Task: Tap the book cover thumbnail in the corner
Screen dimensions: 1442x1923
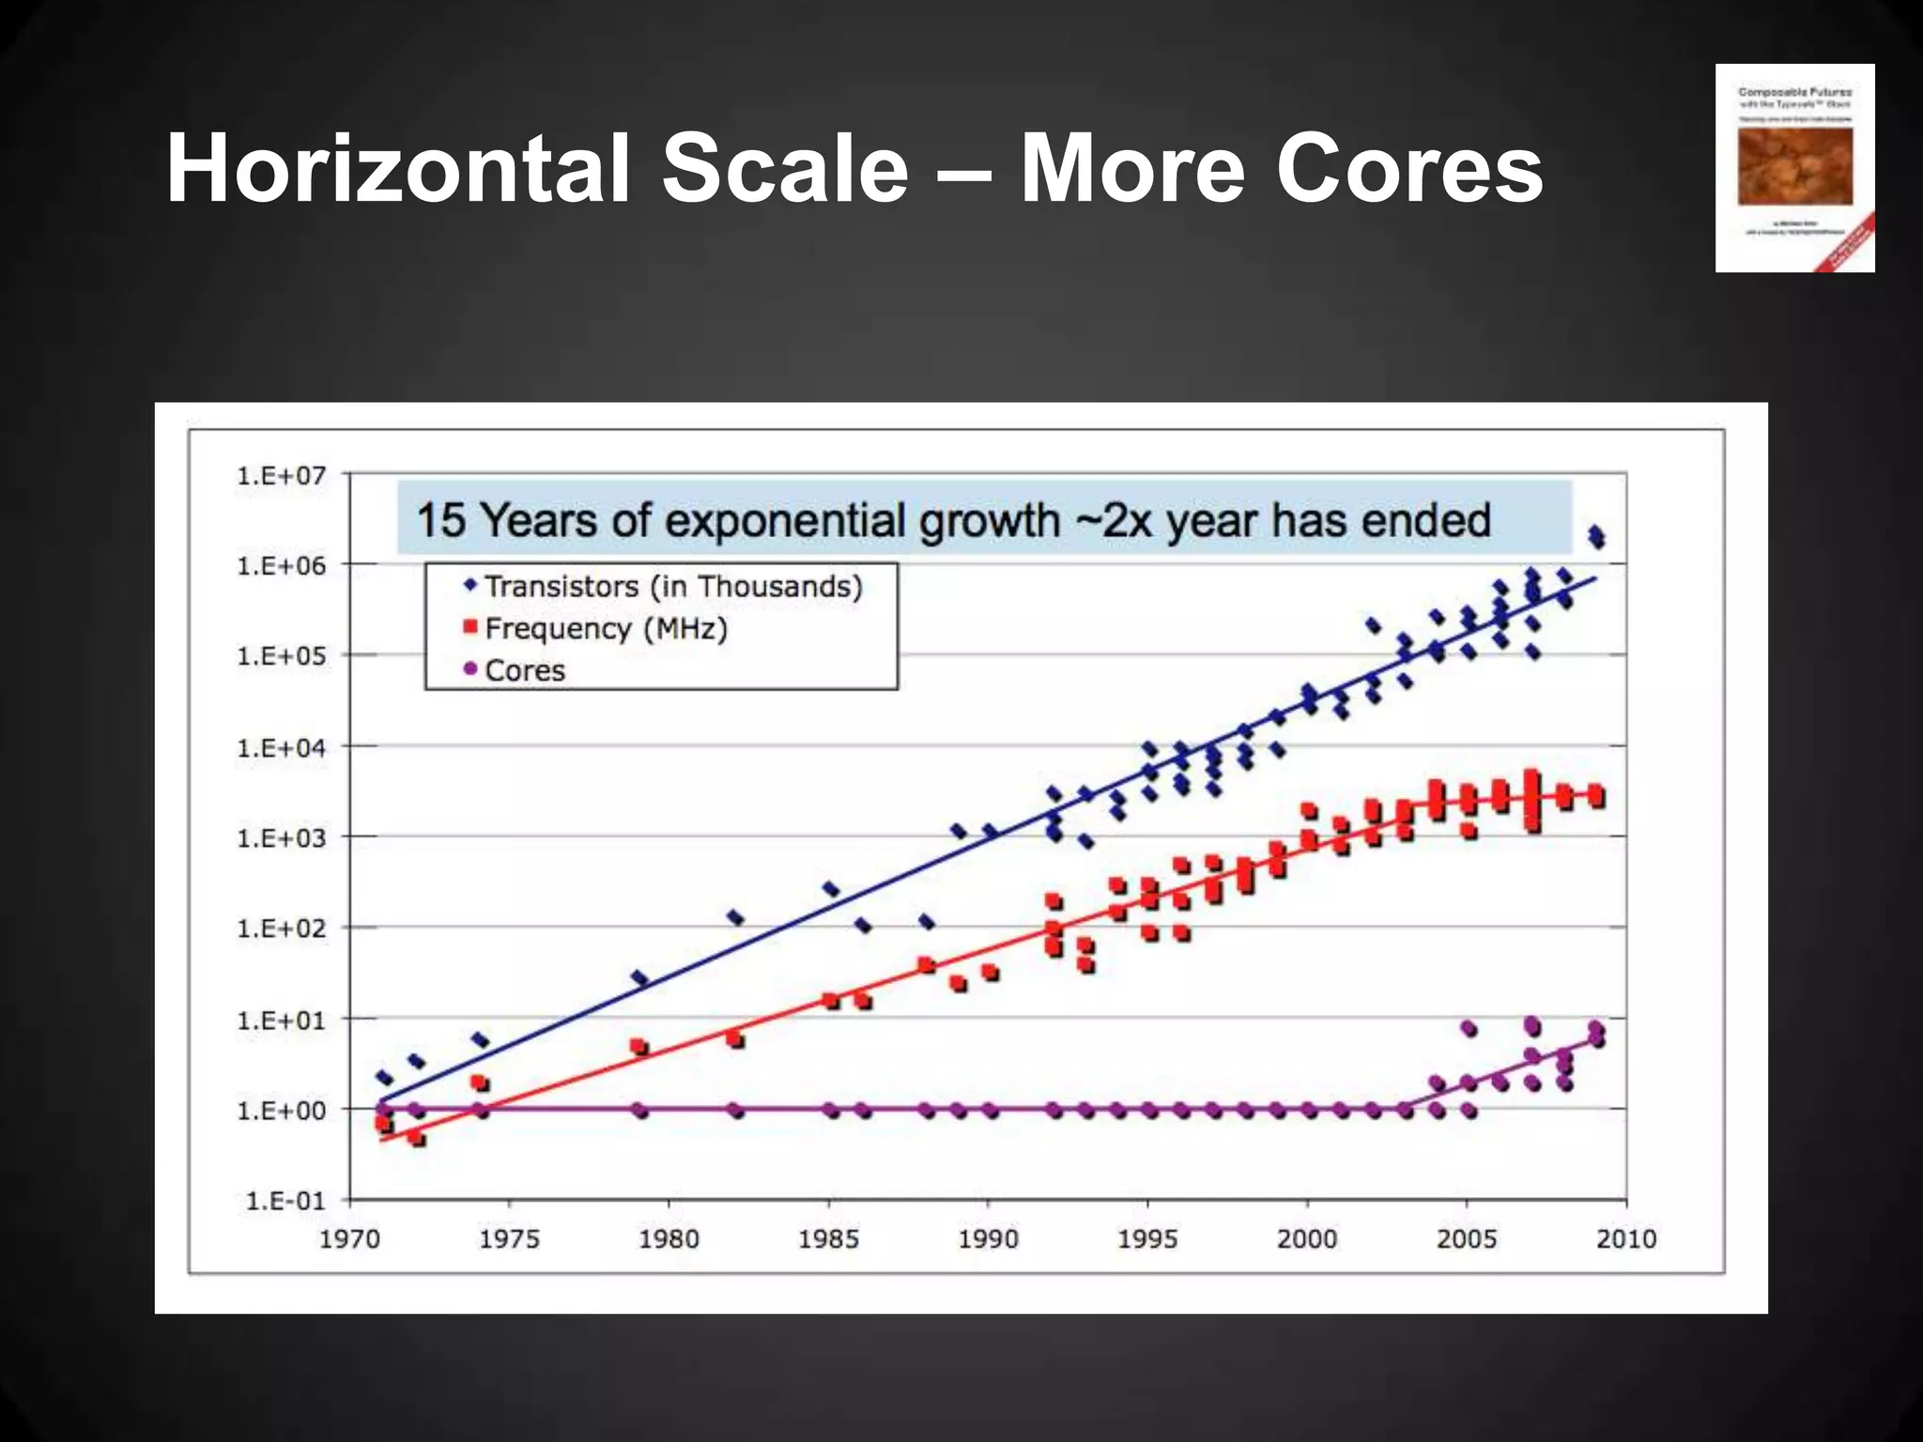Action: click(1794, 168)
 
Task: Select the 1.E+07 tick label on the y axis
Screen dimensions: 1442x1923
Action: click(281, 476)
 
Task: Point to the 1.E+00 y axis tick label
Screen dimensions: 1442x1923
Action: click(281, 1111)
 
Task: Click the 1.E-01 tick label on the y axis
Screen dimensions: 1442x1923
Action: click(285, 1202)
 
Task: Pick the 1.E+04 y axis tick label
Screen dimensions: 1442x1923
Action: click(281, 748)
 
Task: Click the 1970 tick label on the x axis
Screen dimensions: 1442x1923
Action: click(349, 1239)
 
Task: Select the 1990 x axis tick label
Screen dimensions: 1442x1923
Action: click(988, 1239)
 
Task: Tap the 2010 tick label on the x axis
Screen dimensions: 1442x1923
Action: click(1625, 1239)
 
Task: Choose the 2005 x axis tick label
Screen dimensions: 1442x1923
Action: click(1466, 1239)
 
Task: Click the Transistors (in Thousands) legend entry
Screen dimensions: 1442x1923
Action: click(672, 587)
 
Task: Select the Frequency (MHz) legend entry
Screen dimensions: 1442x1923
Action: click(606, 628)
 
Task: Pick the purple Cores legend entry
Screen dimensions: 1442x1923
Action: click(524, 670)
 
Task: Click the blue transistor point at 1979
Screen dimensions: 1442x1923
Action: click(639, 978)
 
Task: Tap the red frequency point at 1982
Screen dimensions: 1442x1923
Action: click(735, 1038)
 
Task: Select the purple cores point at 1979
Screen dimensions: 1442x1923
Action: click(639, 1111)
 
